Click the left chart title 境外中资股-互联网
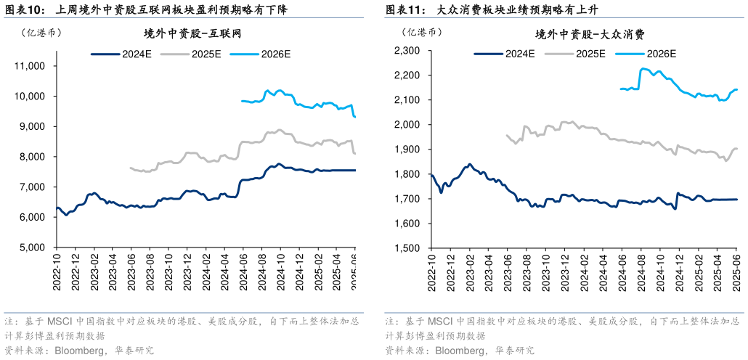[x=193, y=33]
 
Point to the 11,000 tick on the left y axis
[x=31, y=66]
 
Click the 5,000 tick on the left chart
[x=33, y=247]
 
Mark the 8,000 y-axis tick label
[x=33, y=157]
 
